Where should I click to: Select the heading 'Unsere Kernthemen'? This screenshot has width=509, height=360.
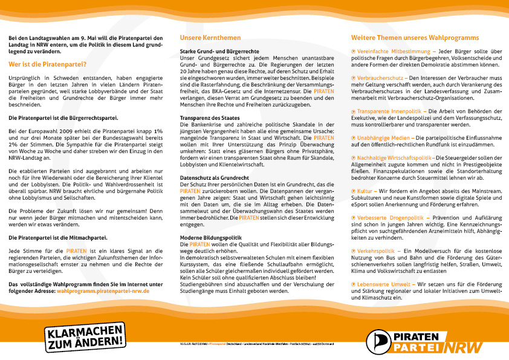coord(206,38)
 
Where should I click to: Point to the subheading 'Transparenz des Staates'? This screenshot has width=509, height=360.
coord(210,117)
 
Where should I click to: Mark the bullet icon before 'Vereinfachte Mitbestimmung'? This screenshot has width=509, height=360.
coord(354,52)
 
